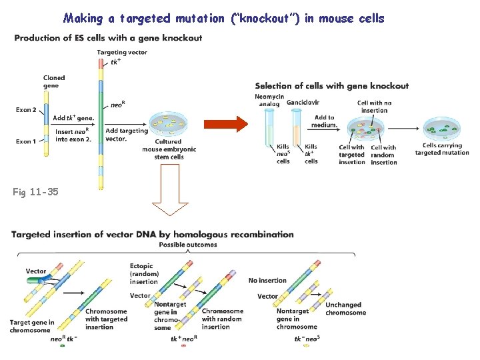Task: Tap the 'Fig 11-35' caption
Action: click(35, 193)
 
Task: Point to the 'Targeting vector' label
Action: click(122, 52)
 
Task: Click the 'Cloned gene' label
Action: click(54, 82)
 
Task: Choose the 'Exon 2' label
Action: click(26, 109)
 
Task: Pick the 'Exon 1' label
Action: click(26, 141)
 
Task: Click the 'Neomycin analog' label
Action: click(269, 99)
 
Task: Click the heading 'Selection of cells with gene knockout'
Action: click(331, 85)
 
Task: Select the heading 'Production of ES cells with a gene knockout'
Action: click(108, 38)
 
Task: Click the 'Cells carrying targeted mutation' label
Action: click(442, 149)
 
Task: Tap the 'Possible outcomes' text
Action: click(188, 245)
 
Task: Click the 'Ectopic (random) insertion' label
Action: click(144, 274)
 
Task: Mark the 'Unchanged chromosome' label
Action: click(345, 309)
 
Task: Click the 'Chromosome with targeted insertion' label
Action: click(105, 319)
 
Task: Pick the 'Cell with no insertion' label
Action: click(374, 107)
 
